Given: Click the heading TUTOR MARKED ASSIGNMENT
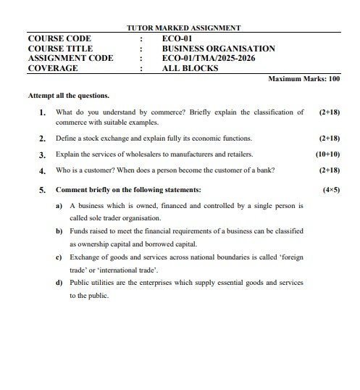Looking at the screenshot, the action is tap(183, 28).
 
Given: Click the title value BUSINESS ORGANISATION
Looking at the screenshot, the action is tap(218, 49).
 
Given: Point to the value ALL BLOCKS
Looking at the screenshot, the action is tap(190, 69).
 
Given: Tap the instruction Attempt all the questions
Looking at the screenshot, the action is tap(69, 95).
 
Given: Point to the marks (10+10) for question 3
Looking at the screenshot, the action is tap(327, 154).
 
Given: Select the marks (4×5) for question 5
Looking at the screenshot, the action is tap(330, 189).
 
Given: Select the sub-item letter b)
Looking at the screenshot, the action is tap(59, 231).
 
